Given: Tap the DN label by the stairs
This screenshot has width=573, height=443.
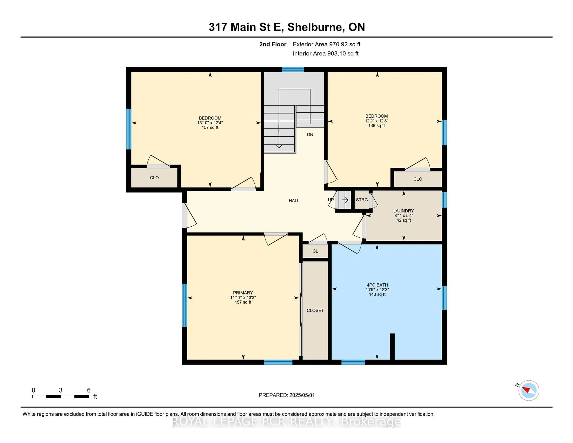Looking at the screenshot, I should click(310, 135).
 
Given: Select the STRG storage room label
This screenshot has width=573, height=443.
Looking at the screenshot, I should click(362, 200).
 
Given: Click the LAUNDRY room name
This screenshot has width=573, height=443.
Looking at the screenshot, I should click(403, 211).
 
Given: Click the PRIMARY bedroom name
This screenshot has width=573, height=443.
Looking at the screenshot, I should click(243, 293).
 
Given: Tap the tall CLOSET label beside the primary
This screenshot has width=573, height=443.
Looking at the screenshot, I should click(315, 310).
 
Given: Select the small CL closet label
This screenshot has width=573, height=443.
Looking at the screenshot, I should click(315, 251).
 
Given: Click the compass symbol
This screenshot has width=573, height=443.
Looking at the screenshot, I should click(529, 390).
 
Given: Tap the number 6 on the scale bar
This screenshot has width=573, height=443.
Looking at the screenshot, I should click(89, 390).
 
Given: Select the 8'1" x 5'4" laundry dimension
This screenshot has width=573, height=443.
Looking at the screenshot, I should click(403, 216).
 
